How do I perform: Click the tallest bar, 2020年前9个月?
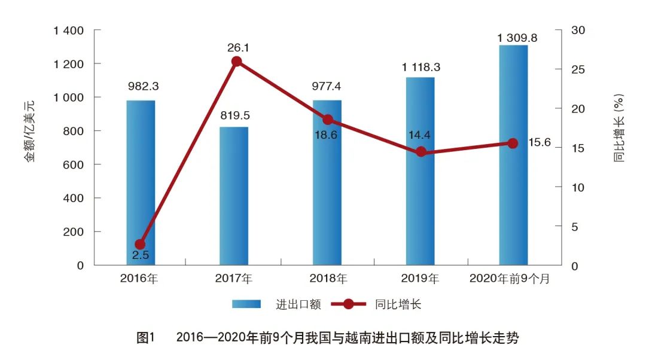[514, 155]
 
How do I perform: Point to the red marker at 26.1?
[236, 62]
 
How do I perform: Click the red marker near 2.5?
[140, 245]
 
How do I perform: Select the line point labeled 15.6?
[513, 143]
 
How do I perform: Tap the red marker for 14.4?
[421, 152]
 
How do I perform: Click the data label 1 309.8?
[517, 38]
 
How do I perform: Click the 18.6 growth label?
[325, 135]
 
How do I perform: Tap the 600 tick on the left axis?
[74, 164]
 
